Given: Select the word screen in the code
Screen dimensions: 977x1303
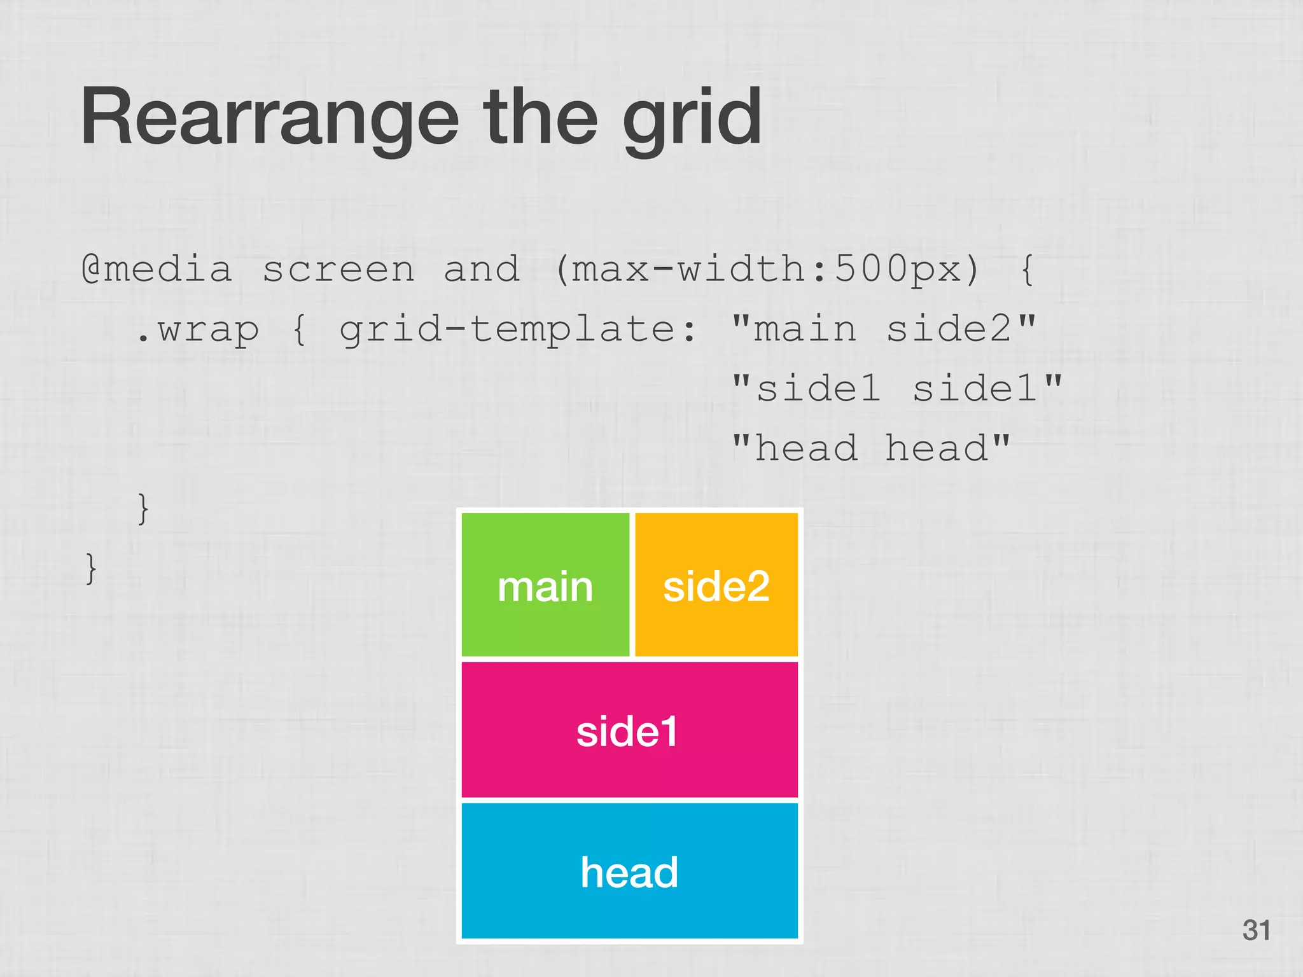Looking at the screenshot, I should point(338,269).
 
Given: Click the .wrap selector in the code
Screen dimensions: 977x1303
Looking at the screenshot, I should point(197,329).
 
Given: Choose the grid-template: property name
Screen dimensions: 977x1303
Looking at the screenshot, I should point(517,329).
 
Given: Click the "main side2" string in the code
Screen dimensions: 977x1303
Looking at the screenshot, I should point(884,328).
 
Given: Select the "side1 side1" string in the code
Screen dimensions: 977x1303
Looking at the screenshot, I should point(896,388).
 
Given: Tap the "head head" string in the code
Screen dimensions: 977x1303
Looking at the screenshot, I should point(871,448).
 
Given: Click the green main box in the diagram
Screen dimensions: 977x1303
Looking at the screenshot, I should point(545,585).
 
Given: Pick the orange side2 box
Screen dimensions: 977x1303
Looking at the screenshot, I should point(716,585).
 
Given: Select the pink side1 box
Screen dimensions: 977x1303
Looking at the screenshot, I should point(629,730).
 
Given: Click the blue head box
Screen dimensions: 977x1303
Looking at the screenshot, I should point(629,871).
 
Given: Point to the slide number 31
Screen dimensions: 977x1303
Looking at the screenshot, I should point(1256,930).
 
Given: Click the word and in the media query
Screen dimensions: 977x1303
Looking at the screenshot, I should point(481,269).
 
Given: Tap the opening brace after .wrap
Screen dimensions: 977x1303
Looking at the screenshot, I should point(300,329).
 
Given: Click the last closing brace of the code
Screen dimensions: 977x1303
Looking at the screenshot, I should point(91,568).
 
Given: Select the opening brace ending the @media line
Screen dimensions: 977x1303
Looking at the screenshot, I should point(1026,269).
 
